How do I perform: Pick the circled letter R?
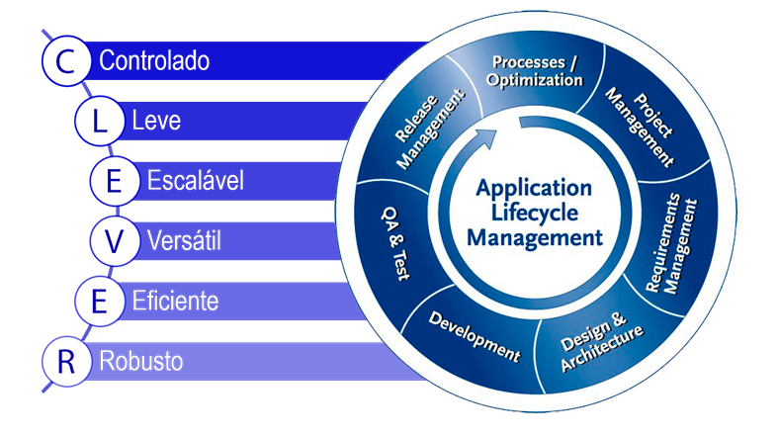pos(66,361)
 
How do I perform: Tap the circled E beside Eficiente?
pos(97,301)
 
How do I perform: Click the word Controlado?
pos(154,61)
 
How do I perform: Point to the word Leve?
pos(156,122)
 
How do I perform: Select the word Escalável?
pos(195,181)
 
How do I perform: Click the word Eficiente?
pos(175,301)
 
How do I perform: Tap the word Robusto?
pos(141,361)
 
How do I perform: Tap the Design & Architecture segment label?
pos(600,342)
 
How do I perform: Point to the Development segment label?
pos(474,337)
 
